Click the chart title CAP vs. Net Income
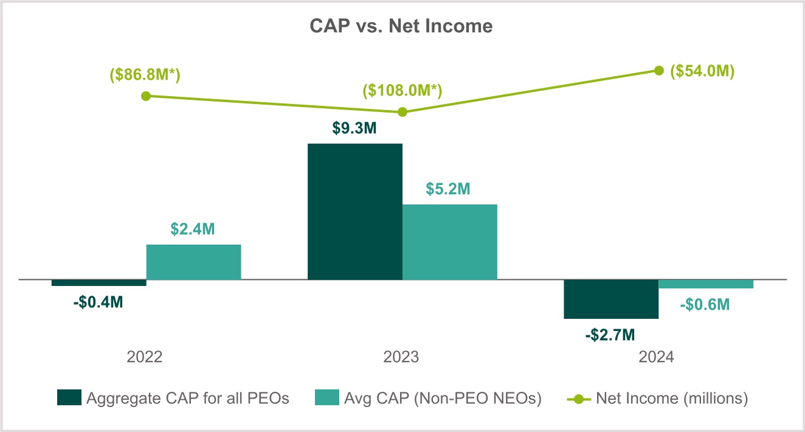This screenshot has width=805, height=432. (x=401, y=26)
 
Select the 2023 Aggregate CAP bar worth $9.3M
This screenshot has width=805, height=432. (x=355, y=212)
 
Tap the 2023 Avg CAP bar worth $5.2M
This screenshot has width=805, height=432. (x=450, y=242)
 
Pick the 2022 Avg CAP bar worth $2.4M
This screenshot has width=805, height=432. (x=194, y=262)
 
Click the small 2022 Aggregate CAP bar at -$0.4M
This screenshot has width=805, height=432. (x=99, y=283)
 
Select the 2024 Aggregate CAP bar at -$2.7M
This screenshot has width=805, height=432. (x=611, y=299)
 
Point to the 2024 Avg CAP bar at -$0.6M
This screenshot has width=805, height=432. (x=706, y=284)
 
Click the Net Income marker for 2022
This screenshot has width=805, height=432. (x=145, y=96)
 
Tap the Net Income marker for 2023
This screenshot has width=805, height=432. (x=402, y=112)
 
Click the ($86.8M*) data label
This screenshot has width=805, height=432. (x=145, y=75)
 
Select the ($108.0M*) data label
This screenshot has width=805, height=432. (x=402, y=91)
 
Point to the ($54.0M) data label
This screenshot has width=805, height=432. (x=702, y=71)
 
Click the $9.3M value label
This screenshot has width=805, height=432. (x=355, y=130)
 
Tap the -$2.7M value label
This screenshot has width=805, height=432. (x=611, y=334)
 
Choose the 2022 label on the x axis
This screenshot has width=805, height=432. (x=145, y=357)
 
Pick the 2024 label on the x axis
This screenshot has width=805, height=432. (x=657, y=357)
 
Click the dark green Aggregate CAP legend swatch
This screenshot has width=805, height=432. (x=69, y=399)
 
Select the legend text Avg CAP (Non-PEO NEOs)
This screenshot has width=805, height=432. (x=441, y=399)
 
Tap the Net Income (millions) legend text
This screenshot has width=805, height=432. (x=672, y=399)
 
